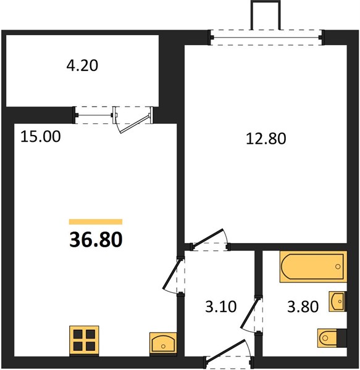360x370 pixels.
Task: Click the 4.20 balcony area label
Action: (x=82, y=65)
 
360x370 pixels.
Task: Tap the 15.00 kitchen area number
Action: (x=40, y=137)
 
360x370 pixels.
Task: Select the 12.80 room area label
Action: (x=266, y=139)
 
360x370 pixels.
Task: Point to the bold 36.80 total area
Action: (x=96, y=239)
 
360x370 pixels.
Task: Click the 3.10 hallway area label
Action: (x=220, y=306)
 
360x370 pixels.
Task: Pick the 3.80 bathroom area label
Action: (x=303, y=306)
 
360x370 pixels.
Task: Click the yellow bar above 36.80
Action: (x=96, y=222)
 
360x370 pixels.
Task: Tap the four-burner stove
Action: (x=84, y=341)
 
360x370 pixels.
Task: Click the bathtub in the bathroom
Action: (x=313, y=266)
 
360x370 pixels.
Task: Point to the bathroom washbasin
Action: (x=338, y=302)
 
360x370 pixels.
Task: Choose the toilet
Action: (x=332, y=338)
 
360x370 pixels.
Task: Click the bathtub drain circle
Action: (x=338, y=266)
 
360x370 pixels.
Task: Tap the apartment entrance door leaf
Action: (x=225, y=350)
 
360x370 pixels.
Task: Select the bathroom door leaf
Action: (x=249, y=313)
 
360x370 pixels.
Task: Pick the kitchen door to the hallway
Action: (x=172, y=274)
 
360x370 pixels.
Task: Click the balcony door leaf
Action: (x=135, y=124)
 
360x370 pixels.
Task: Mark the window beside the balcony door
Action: (x=94, y=115)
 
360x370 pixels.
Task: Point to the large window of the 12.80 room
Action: (x=266, y=37)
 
